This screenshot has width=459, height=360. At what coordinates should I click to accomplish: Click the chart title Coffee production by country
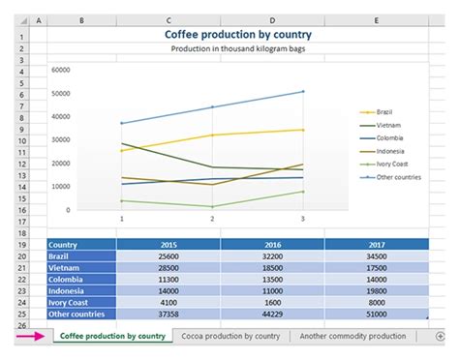[238, 35]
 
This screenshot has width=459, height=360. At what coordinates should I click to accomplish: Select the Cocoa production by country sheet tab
[231, 336]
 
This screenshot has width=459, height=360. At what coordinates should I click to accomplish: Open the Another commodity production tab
[352, 336]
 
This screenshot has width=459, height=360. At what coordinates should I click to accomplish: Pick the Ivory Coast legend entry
[392, 165]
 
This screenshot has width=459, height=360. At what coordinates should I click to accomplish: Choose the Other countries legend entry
[397, 178]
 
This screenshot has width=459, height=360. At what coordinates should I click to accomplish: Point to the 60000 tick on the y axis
[62, 70]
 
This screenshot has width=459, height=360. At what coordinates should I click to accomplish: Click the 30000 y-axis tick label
[62, 139]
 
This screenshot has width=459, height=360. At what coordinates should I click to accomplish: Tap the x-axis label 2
[212, 220]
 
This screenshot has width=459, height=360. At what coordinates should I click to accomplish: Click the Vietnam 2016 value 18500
[272, 267]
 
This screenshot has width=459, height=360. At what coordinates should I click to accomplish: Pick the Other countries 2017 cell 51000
[377, 314]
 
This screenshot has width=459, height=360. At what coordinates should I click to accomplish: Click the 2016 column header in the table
[272, 244]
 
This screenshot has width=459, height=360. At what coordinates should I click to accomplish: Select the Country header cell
[81, 244]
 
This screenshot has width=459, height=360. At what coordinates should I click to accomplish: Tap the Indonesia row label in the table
[81, 290]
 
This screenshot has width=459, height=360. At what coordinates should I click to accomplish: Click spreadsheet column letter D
[272, 19]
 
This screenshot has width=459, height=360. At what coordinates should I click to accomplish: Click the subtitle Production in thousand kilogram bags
[238, 48]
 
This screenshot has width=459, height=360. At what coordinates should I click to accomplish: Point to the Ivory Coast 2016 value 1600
[272, 302]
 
